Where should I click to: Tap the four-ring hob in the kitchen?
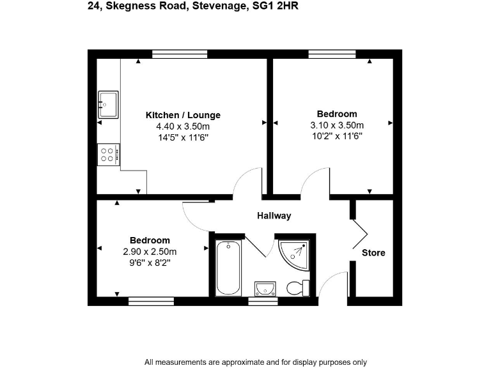[x=108, y=154]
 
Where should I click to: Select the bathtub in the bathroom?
[x=228, y=268]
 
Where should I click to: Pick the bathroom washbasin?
[x=263, y=289]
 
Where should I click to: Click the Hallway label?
[x=274, y=216]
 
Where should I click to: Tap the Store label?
[x=373, y=253]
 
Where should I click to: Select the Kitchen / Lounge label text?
[x=183, y=115]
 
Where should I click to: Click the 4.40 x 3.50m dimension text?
[x=183, y=126]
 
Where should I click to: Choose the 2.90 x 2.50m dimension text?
[x=150, y=251]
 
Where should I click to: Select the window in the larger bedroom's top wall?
[x=332, y=54]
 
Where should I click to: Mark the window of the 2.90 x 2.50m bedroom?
[x=151, y=300]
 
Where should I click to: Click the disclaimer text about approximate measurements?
[x=256, y=362]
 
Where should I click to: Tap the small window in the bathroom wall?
[x=258, y=300]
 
